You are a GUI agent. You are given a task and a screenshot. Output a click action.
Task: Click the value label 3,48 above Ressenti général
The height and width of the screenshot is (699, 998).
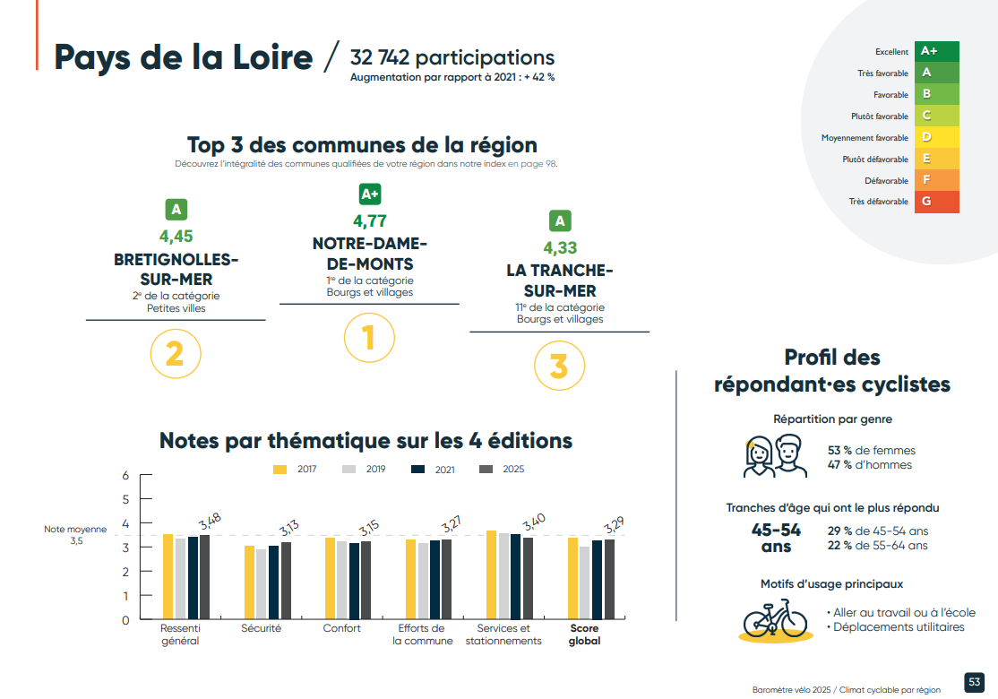point(211,521)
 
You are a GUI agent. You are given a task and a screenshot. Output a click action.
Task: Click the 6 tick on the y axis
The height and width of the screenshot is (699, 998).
point(125,475)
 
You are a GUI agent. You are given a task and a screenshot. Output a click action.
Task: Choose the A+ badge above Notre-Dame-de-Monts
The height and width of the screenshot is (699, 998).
point(369,194)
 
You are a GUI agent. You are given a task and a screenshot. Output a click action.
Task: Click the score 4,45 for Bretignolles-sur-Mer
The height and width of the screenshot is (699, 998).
point(176,237)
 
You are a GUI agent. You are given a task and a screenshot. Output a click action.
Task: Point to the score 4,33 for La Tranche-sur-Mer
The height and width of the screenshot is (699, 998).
point(560,247)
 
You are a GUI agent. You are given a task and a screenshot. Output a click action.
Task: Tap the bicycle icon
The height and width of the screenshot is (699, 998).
point(776,617)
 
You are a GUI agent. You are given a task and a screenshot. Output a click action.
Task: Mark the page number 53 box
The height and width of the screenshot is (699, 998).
point(974,682)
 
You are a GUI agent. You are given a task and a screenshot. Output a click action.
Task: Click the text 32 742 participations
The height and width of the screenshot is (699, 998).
point(452,57)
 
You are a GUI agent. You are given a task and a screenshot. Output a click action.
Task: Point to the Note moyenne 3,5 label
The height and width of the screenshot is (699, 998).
point(75,535)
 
